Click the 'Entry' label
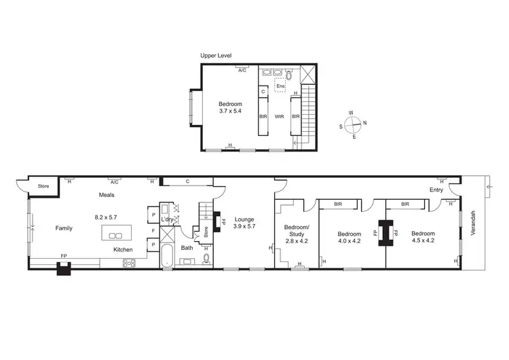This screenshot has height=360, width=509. [x=436, y=190]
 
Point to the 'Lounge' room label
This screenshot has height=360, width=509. [x=244, y=219]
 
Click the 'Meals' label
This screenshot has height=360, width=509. [x=105, y=195]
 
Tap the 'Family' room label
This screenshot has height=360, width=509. [x=64, y=228]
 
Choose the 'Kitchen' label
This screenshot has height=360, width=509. [x=123, y=250]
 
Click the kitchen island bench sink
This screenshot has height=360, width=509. [x=115, y=236]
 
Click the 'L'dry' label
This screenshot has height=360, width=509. [x=167, y=219]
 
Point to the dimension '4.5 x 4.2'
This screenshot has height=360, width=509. [x=423, y=240]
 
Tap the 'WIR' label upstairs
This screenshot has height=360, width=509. [x=278, y=116]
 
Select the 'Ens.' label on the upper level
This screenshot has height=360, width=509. [x=280, y=86]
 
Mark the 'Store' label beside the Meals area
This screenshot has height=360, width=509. [x=43, y=185]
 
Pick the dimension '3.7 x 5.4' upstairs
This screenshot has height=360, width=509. [x=230, y=111]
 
